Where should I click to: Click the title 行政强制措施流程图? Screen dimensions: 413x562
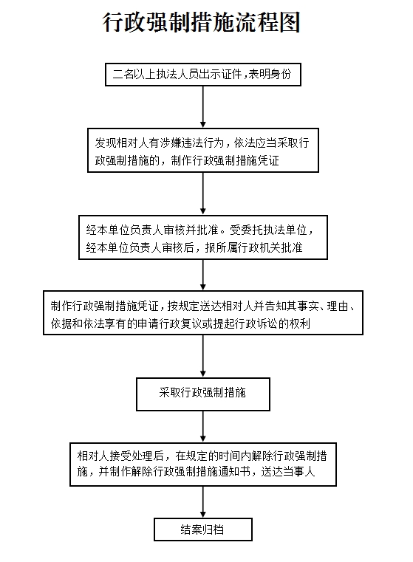[x=202, y=22]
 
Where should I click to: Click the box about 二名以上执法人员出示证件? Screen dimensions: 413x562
[x=203, y=75]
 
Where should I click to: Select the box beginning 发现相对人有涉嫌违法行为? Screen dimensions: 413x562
[x=203, y=150]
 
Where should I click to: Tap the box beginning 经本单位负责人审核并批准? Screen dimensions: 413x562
[x=203, y=237]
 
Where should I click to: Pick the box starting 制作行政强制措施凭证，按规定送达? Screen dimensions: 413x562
[x=203, y=313]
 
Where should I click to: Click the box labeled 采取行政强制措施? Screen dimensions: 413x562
[x=203, y=394]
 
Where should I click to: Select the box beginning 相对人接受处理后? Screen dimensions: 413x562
[x=203, y=465]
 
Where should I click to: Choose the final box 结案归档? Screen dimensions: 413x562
[x=203, y=530]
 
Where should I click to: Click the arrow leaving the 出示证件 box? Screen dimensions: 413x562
[x=203, y=107]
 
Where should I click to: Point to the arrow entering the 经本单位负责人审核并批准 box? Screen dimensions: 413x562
[x=203, y=193]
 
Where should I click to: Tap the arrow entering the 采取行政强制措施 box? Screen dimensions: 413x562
[x=203, y=356]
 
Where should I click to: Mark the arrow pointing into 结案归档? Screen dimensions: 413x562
[x=203, y=502]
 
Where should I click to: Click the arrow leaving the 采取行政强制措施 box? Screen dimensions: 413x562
[x=203, y=427]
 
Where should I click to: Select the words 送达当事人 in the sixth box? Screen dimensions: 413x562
[x=288, y=472]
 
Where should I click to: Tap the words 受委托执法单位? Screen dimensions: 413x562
[x=268, y=230]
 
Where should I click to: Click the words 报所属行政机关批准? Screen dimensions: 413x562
[x=254, y=247]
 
